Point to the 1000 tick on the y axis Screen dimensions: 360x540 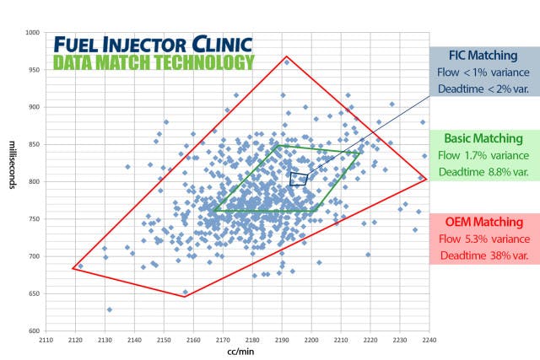coord(34,32)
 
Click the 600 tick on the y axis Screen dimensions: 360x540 coord(35,330)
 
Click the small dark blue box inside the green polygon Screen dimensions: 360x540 coord(299,178)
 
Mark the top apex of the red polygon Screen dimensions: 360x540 coord(287,56)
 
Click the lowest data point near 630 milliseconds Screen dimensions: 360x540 coord(110,309)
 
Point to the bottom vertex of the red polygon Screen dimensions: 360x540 coord(184,296)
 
